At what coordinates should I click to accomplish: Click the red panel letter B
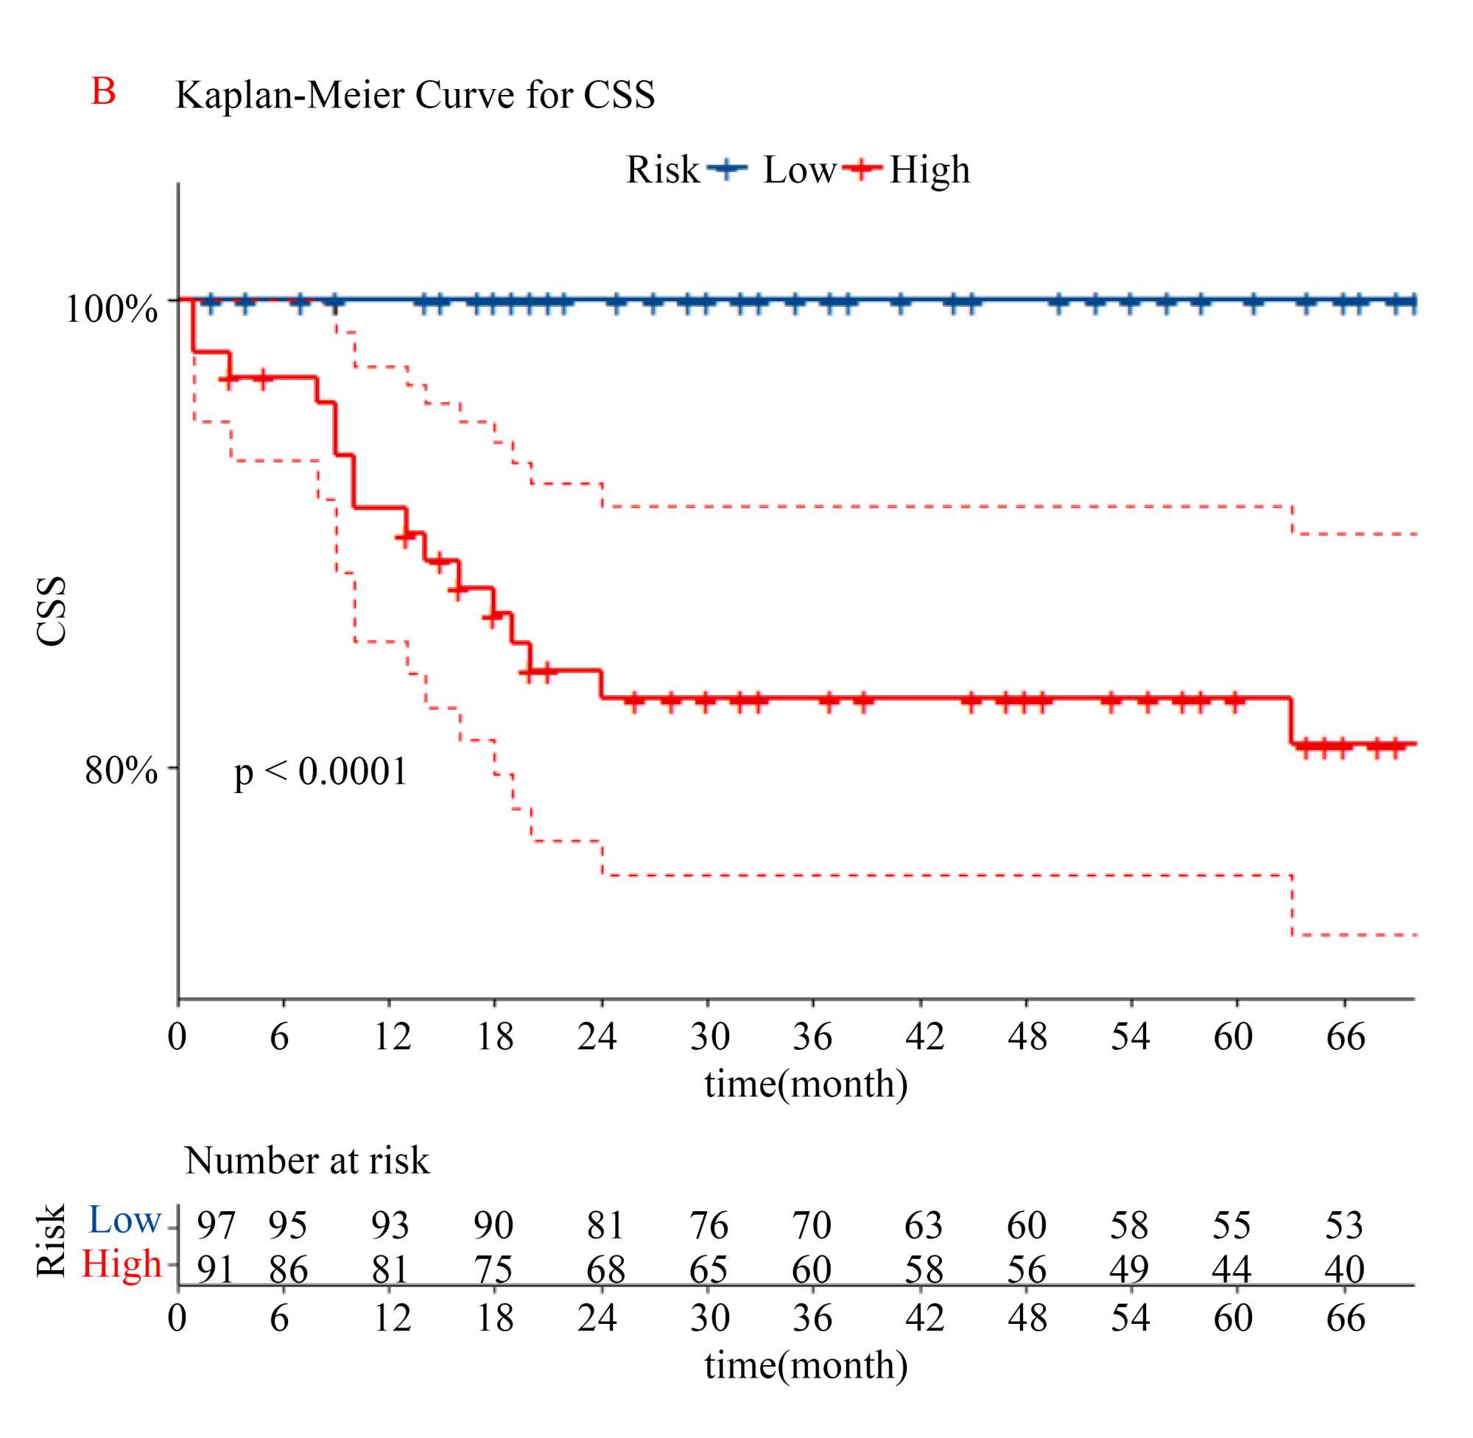[104, 91]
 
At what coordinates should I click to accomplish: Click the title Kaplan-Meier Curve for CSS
[415, 95]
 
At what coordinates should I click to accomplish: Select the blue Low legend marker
[727, 168]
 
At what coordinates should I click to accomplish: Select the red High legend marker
[862, 168]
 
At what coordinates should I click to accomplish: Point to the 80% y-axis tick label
[121, 770]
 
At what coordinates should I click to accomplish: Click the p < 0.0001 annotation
[320, 772]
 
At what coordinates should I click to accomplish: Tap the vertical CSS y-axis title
[52, 612]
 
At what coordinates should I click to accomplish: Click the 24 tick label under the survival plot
[597, 1036]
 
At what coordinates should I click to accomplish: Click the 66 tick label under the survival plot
[1346, 1036]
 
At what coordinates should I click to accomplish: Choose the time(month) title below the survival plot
[806, 1085]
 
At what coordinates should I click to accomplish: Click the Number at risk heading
[306, 1161]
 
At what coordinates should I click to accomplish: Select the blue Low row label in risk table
[124, 1220]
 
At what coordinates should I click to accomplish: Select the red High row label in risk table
[122, 1263]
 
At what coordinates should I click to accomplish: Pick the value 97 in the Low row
[216, 1225]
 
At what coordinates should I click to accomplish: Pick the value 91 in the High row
[216, 1269]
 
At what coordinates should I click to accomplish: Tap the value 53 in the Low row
[1344, 1225]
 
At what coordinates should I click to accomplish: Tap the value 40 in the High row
[1344, 1269]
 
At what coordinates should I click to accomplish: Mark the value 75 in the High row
[494, 1269]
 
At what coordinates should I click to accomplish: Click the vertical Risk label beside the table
[52, 1241]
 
